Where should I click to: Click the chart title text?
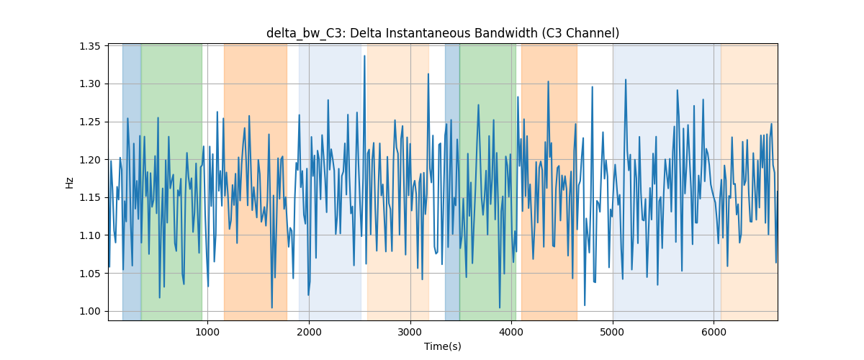[x=443, y=34]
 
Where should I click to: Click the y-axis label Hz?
[x=69, y=182]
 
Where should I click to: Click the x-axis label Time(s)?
[x=443, y=346]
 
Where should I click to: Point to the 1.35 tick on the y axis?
[x=89, y=46]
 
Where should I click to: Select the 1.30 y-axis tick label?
[x=89, y=84]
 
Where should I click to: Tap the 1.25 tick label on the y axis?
[x=89, y=122]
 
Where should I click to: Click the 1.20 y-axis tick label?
[x=89, y=160]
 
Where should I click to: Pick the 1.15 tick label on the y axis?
[x=89, y=197]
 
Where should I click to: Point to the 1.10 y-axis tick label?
[x=89, y=235]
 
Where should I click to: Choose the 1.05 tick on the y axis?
[x=89, y=274]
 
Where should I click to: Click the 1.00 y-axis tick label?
[x=89, y=311]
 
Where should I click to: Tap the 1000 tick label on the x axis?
[x=207, y=331]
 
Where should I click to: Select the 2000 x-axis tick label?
[x=309, y=331]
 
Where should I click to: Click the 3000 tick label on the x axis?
[x=410, y=331]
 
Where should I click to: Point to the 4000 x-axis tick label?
[x=511, y=331]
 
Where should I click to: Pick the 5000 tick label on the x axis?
[x=613, y=331]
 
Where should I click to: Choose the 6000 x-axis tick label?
[x=714, y=331]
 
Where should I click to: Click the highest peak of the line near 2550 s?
[x=364, y=56]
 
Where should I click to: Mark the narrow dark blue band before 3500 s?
[x=452, y=182]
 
